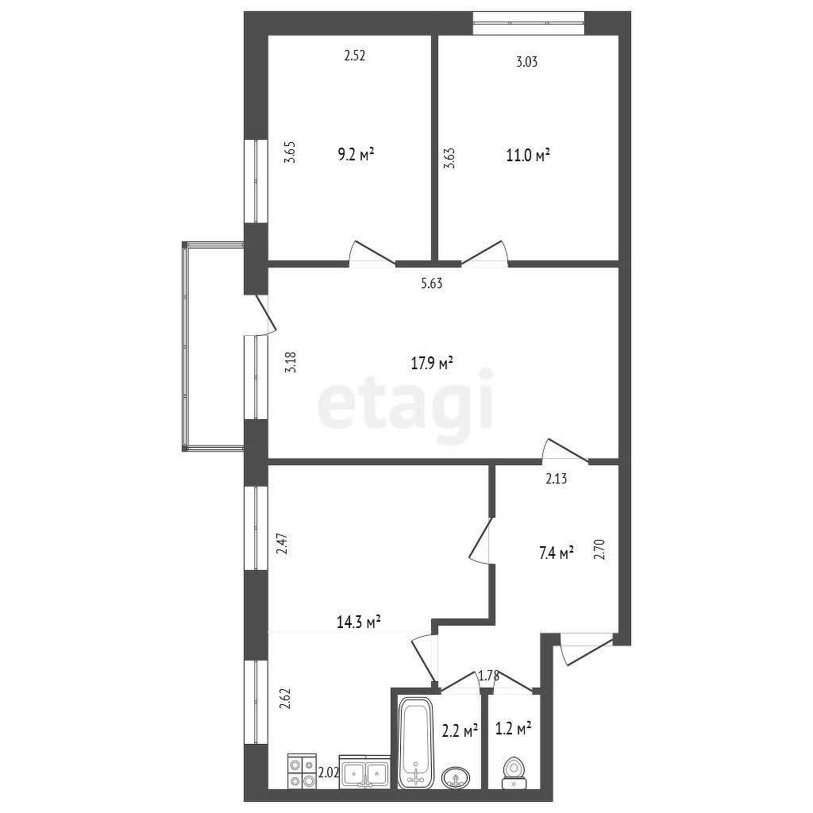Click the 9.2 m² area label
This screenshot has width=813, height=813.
(x=355, y=155)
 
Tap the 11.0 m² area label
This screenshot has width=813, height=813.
(x=529, y=156)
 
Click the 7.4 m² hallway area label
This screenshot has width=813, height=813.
(x=556, y=553)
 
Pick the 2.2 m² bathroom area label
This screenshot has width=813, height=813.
(x=460, y=730)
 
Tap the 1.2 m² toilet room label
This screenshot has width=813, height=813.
(x=513, y=727)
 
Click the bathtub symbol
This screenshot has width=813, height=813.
(x=414, y=742)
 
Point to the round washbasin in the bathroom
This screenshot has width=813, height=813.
(x=456, y=776)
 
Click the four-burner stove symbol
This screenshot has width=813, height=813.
(x=301, y=771)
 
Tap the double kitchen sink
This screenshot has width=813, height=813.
(x=364, y=772)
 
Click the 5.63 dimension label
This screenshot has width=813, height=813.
(x=431, y=283)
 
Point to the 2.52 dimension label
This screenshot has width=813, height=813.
(x=354, y=56)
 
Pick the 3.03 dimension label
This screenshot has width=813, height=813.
(x=527, y=63)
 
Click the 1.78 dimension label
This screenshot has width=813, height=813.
(x=488, y=676)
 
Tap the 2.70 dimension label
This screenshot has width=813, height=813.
(x=600, y=549)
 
